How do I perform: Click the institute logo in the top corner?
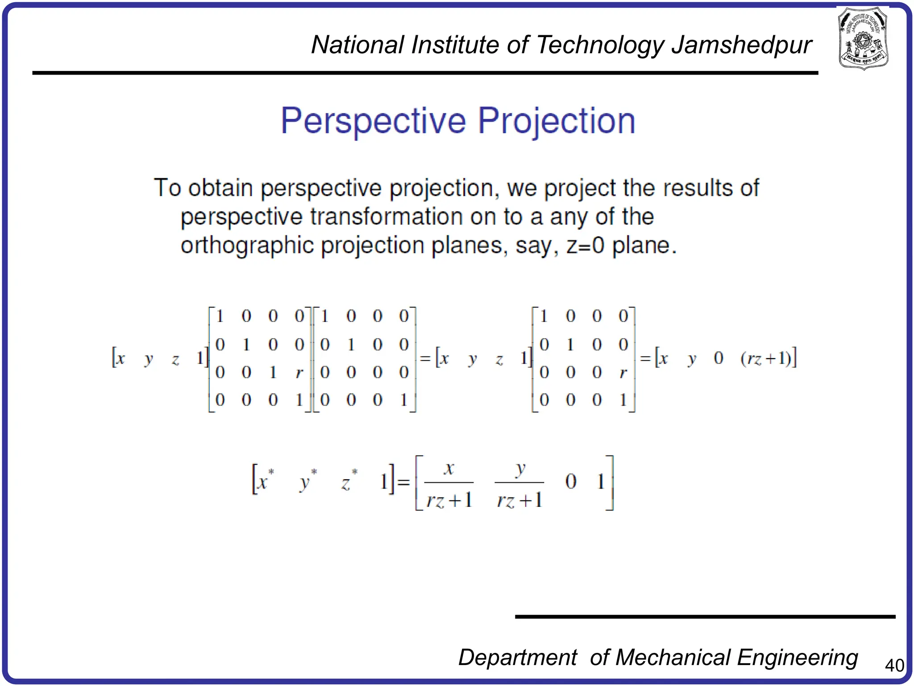(x=863, y=38)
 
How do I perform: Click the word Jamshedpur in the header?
(x=741, y=45)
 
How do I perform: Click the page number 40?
(x=894, y=666)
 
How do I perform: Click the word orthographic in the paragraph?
(x=247, y=245)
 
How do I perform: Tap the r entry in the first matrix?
(x=299, y=372)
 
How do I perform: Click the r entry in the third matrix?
(x=623, y=372)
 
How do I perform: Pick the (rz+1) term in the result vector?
(x=766, y=359)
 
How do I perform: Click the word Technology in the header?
(x=599, y=45)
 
